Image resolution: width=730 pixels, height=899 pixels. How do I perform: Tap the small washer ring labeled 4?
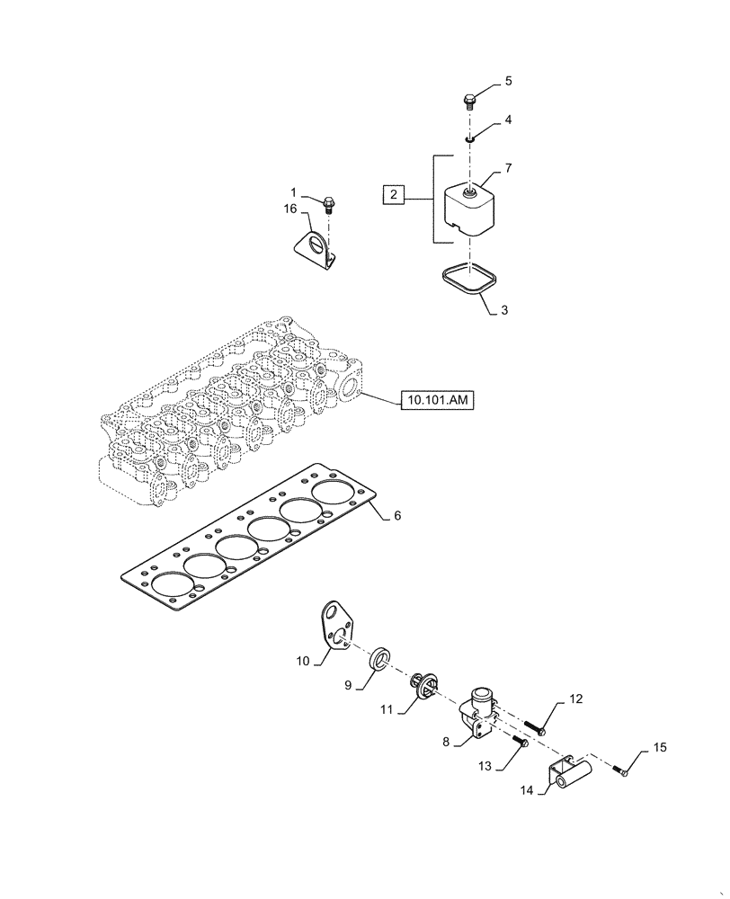pyautogui.click(x=469, y=139)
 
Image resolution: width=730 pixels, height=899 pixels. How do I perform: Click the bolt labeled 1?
pyautogui.click(x=328, y=206)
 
